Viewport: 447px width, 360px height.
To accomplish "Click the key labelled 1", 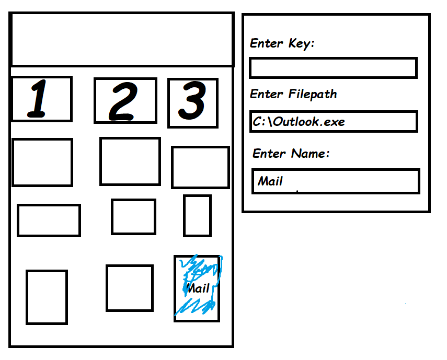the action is pos(42,99).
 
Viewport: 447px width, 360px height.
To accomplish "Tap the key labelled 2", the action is pos(125,100).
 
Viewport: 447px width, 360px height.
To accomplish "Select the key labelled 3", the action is pos(193,103).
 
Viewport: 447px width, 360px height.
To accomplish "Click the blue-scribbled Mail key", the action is pos(197,288).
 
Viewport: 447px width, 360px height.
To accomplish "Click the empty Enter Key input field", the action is pos(333,68).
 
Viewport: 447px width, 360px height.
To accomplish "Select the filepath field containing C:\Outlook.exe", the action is pos(334,121).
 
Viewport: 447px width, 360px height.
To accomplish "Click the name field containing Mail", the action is pos(336,181).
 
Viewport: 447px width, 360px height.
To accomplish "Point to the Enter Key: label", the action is pos(282,43).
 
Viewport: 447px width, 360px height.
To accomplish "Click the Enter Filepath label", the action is pos(293,94).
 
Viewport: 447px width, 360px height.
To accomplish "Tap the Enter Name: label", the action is pos(291,153).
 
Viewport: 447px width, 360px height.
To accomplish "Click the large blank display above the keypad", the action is pos(122,39).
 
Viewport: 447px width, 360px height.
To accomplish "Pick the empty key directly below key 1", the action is pos(42,162).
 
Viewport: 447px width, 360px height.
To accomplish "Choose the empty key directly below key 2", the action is pos(130,161).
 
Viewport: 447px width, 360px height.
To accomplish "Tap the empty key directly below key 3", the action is pos(200,168).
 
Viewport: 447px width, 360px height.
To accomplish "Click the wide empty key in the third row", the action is pos(49,220).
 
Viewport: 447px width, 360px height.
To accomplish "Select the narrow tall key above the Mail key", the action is pos(197,216).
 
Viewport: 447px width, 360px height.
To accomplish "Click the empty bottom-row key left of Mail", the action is pos(130,288).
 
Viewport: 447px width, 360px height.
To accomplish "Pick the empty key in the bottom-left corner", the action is pos(47,297).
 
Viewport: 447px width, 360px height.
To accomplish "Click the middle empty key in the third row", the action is pos(133,217).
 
